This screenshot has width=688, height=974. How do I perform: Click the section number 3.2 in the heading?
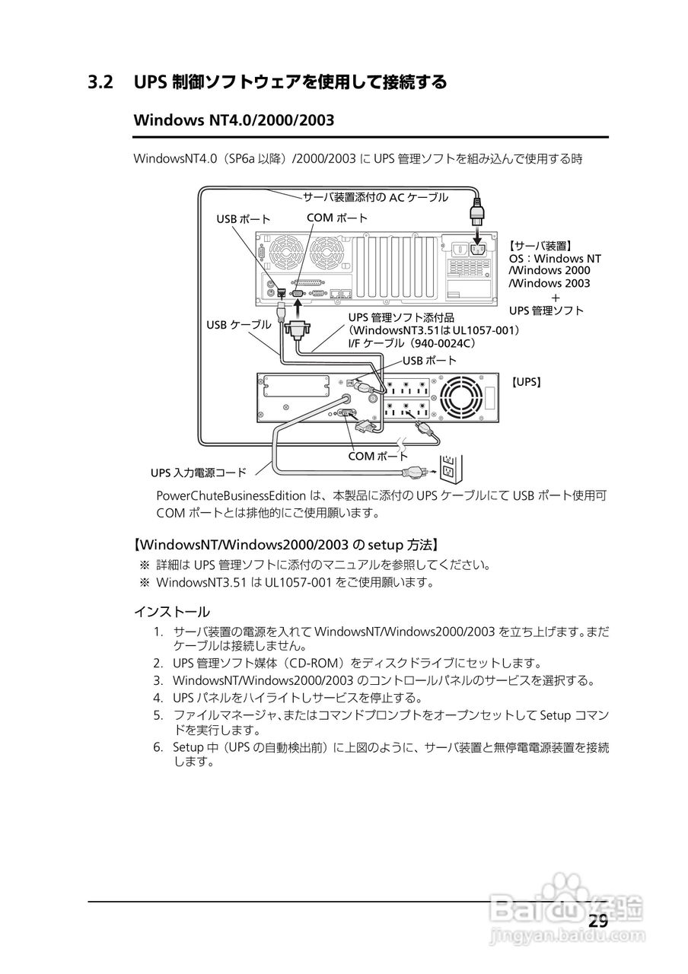tap(101, 82)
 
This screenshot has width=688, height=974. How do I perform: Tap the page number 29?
tap(597, 921)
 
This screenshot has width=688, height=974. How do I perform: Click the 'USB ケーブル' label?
tap(238, 324)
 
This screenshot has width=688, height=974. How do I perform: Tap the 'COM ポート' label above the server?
tap(336, 218)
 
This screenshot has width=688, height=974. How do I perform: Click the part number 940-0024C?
tap(447, 344)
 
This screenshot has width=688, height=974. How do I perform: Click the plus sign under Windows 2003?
tap(556, 297)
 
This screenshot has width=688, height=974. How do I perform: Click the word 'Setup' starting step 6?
tap(188, 747)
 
